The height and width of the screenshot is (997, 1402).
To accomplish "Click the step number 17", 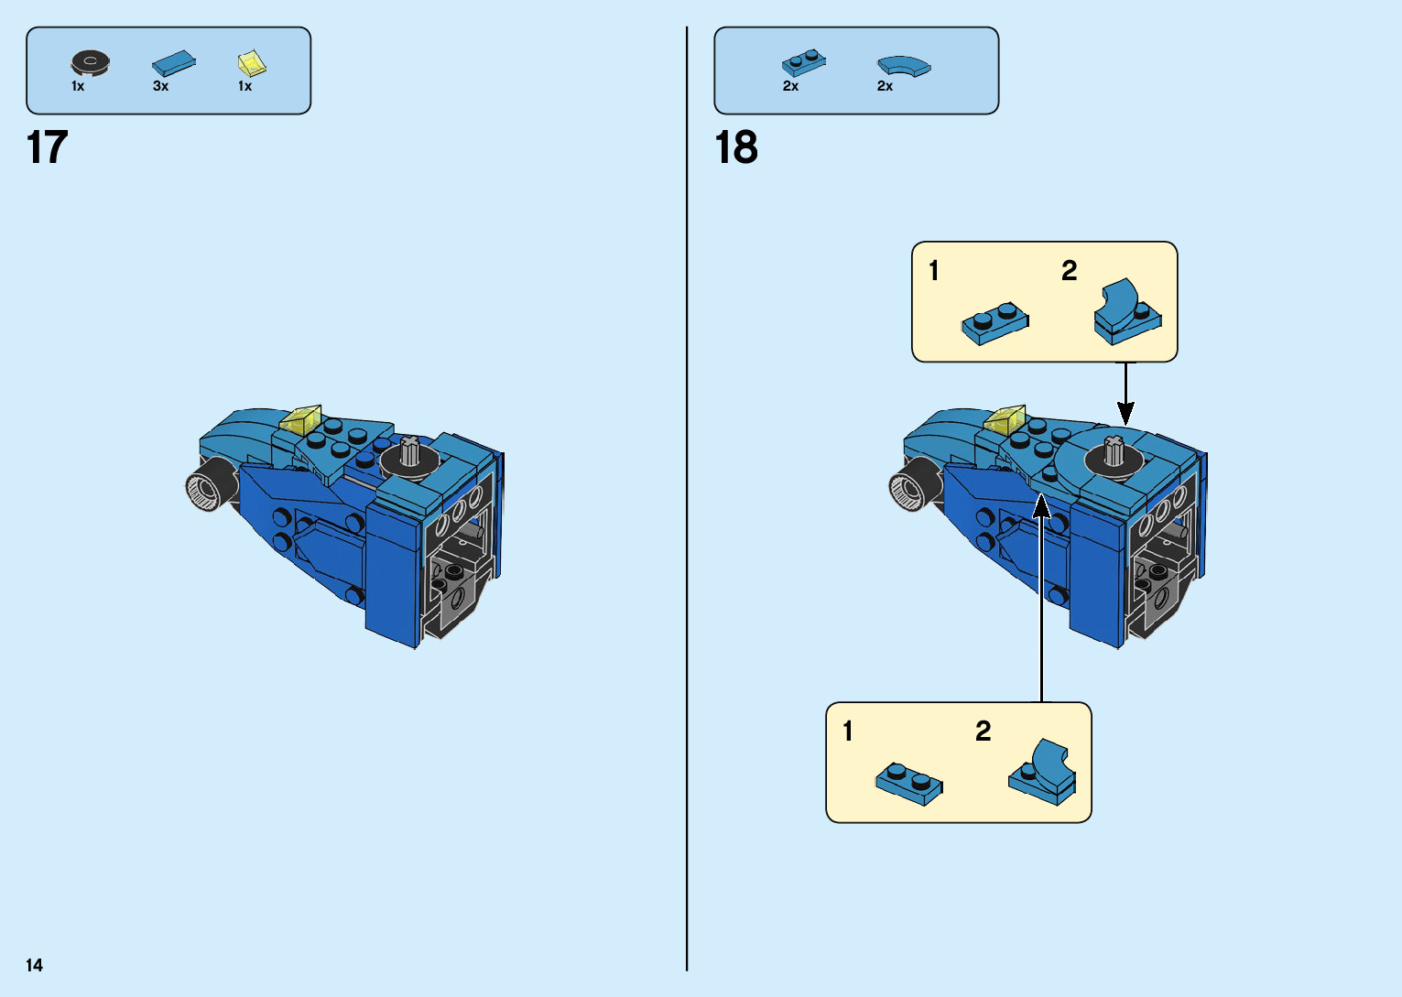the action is tap(48, 147).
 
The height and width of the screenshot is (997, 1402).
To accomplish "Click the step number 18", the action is tap(736, 147).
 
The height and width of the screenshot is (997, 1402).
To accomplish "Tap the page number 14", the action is tap(34, 965).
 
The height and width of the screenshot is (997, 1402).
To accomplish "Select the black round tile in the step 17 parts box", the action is tap(90, 62).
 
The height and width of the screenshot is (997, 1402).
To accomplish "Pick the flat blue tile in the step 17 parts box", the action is tap(173, 63).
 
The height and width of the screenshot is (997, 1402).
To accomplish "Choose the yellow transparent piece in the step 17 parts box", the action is tap(252, 63).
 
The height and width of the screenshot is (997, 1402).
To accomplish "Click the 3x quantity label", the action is tap(160, 86).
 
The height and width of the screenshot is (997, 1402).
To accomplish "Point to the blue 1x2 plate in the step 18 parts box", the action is tap(803, 62).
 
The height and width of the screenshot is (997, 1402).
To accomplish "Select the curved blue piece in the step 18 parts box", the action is tap(903, 66).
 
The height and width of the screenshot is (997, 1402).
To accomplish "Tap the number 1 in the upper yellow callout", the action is tap(933, 271).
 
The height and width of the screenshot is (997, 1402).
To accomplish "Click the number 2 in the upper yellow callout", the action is tap(1069, 271).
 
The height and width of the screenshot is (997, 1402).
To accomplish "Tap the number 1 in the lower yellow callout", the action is tap(847, 731).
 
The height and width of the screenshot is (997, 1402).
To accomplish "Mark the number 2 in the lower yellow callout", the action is tap(983, 731).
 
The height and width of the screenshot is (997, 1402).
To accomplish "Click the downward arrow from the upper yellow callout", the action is tap(1125, 394).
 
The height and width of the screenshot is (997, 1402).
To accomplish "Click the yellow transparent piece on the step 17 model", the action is tap(300, 419).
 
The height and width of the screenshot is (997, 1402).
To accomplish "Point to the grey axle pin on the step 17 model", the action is tap(409, 450).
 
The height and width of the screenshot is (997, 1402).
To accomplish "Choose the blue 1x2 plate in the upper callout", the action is tap(994, 323).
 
